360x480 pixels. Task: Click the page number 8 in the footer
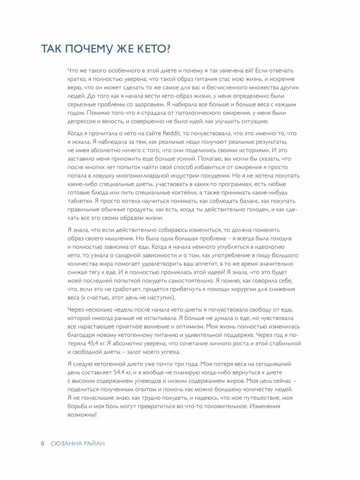(43, 444)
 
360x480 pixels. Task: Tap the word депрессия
(84, 121)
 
